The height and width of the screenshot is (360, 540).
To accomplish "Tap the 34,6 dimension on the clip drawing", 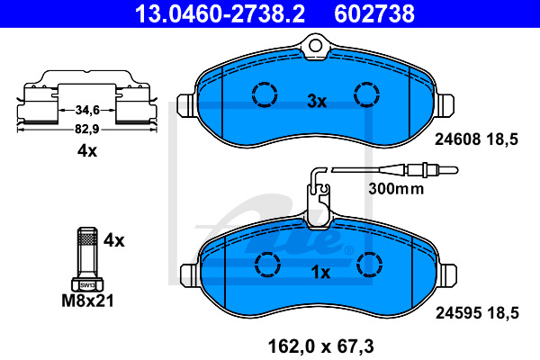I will pyautogui.click(x=86, y=110).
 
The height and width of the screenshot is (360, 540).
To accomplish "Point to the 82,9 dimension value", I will pyautogui.click(x=86, y=129).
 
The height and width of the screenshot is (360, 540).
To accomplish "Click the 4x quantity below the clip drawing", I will pyautogui.click(x=86, y=151).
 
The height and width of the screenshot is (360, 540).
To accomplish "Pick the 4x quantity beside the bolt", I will pyautogui.click(x=113, y=240).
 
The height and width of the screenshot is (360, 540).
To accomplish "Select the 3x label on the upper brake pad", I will pyautogui.click(x=316, y=102).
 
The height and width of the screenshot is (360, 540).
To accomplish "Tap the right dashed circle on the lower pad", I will pyautogui.click(x=370, y=263).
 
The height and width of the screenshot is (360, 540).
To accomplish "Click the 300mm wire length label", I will pyautogui.click(x=395, y=190).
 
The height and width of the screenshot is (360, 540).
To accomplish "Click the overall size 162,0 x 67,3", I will pyautogui.click(x=319, y=343).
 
